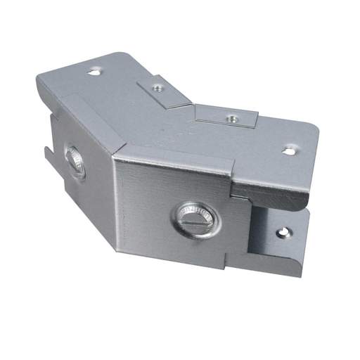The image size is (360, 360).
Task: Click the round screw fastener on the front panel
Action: coord(195,219)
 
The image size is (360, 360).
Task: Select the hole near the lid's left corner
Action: coord(94,70)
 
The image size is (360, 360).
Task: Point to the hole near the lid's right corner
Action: coord(288,150)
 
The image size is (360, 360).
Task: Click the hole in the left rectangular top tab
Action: coord(158,89)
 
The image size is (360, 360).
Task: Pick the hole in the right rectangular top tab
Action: coord(229,118)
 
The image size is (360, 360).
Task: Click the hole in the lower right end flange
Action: coord(283,231)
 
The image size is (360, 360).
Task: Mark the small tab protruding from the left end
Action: coord(47,157)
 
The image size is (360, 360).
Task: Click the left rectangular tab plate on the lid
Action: coord(163,91)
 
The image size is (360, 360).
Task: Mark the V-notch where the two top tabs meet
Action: coord(192,105)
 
